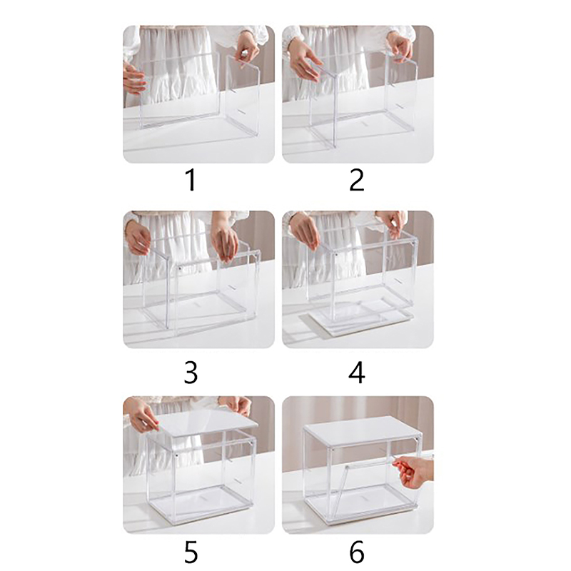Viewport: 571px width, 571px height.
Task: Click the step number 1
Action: [191, 180]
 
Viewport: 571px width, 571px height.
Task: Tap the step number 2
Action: [356, 180]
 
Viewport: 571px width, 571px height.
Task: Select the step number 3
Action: [191, 373]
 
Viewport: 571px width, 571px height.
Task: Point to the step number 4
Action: [356, 373]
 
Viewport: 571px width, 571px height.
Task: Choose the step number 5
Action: [191, 552]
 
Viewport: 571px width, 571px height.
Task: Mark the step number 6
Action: [356, 552]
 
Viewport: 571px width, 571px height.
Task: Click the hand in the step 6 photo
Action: [415, 473]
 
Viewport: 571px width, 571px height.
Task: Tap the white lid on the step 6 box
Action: [363, 431]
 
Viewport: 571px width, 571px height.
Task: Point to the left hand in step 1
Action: [133, 79]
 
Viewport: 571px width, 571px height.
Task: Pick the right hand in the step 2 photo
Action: [400, 46]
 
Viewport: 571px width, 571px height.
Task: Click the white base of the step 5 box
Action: [200, 507]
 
